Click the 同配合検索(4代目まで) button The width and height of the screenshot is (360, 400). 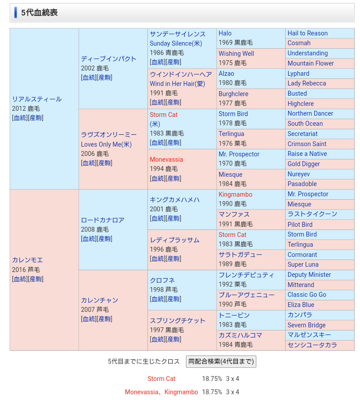click(221, 361)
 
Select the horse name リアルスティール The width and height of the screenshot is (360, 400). click(37, 99)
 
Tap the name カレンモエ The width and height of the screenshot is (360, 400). click(27, 260)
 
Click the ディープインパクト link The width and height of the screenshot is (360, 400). click(108, 59)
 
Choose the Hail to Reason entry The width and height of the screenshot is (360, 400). click(307, 33)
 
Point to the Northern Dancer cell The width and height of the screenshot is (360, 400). click(310, 113)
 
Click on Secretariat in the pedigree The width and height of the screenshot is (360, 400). click(302, 134)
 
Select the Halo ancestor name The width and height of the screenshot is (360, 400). click(225, 33)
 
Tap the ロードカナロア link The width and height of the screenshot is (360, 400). click(102, 220)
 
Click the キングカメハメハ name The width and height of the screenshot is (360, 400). click(174, 200)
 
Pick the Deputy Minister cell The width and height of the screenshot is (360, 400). click(309, 275)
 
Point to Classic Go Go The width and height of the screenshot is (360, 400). click(307, 295)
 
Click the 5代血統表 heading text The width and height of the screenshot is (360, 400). click(39, 13)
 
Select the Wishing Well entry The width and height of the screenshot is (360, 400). click(236, 54)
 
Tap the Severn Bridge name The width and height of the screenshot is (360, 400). click(306, 325)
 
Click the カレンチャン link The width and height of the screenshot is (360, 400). click(99, 300)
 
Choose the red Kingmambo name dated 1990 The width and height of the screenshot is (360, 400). click(235, 194)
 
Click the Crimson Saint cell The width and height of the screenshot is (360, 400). click(307, 144)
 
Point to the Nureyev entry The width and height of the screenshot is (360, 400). click(298, 174)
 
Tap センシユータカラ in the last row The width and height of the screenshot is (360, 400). click(312, 345)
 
